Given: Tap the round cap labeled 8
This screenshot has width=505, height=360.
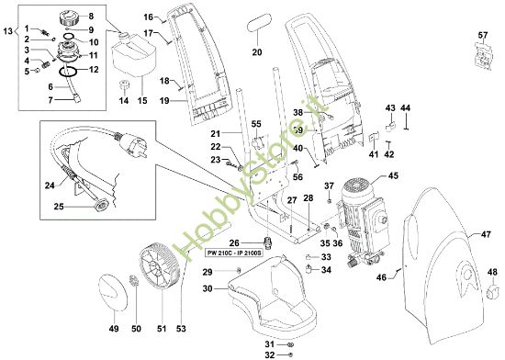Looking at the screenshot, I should pyautogui.click(x=65, y=18).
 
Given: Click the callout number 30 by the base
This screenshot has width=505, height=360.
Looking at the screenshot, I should pyautogui.click(x=208, y=288).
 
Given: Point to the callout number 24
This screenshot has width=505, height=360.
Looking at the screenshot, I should pyautogui.click(x=49, y=186).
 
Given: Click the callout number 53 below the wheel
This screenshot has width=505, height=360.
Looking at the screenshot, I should pyautogui.click(x=181, y=328).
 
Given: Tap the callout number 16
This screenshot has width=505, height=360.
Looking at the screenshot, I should pyautogui.click(x=149, y=17).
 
